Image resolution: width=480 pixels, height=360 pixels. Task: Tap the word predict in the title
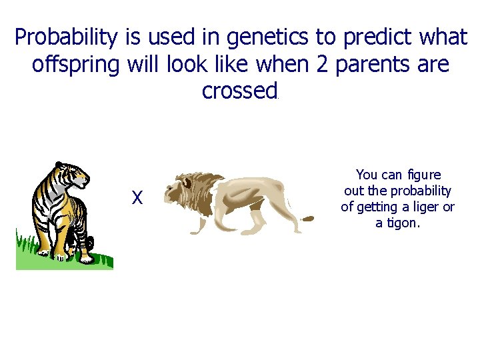point(377,38)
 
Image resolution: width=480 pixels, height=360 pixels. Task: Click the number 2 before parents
point(323,65)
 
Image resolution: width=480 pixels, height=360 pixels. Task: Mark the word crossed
point(239,91)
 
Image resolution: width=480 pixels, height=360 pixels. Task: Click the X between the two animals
point(137,197)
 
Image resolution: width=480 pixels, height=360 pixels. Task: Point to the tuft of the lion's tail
point(308,218)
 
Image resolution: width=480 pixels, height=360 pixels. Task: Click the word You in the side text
point(367,175)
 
